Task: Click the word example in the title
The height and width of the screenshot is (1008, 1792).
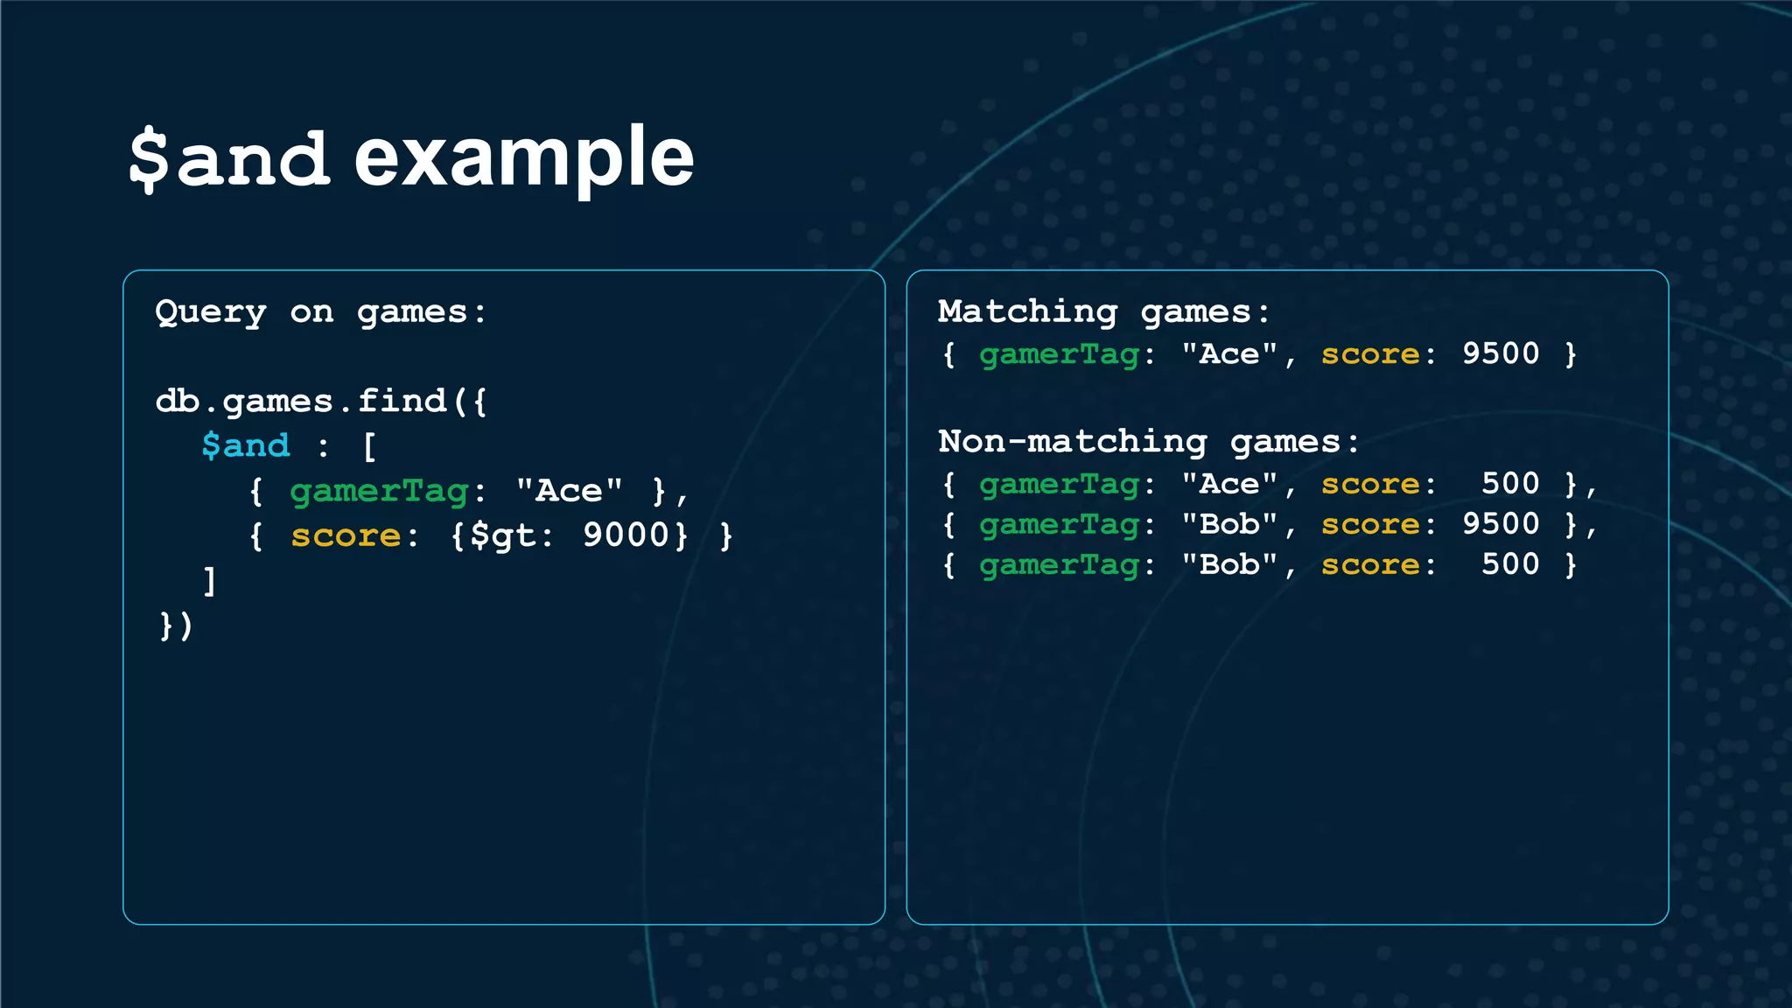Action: tap(523, 157)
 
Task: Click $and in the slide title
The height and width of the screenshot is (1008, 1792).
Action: tap(229, 157)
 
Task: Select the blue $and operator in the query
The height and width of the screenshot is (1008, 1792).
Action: tap(245, 445)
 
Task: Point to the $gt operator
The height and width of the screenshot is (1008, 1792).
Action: tap(502, 535)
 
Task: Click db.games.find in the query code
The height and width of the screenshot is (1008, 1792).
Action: tap(301, 401)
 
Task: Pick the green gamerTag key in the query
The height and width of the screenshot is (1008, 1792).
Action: tap(379, 491)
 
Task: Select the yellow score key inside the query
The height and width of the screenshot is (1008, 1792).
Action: tap(346, 535)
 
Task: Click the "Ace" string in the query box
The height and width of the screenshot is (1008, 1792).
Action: tap(569, 490)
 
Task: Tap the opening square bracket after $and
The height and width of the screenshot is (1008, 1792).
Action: tap(369, 446)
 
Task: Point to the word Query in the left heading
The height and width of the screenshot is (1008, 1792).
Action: tap(210, 312)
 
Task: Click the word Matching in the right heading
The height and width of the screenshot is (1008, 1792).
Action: tap(1027, 311)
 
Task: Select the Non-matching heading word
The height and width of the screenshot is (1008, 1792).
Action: tap(1072, 441)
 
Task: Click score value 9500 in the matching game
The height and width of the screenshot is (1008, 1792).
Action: tap(1500, 353)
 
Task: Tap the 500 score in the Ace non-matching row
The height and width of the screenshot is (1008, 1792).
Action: tap(1509, 483)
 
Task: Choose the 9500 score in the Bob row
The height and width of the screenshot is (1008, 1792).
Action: tap(1500, 523)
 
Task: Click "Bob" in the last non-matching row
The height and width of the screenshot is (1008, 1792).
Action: tap(1229, 564)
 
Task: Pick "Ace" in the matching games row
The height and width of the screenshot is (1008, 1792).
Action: tap(1229, 353)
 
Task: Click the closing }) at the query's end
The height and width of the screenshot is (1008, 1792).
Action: tap(175, 626)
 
